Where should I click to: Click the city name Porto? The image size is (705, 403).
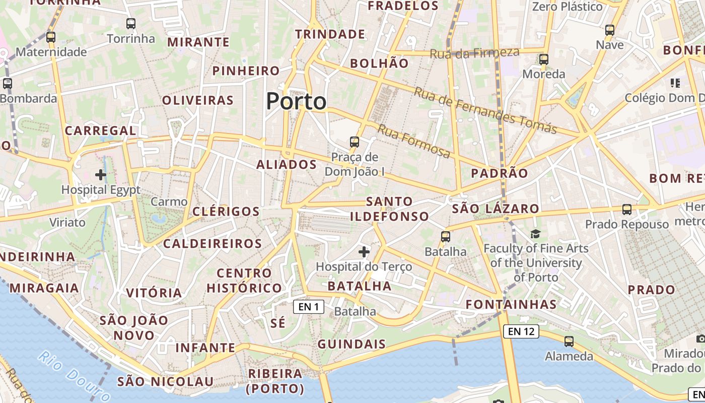tap(296, 101)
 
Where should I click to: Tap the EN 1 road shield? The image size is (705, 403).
tap(308, 306)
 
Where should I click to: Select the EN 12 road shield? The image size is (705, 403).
tap(521, 331)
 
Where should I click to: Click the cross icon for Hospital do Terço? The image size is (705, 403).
tap(364, 251)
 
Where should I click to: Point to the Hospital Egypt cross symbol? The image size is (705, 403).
tap(101, 175)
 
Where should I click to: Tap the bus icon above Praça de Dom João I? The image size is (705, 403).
tap(355, 142)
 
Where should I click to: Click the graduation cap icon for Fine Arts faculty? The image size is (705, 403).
tap(535, 234)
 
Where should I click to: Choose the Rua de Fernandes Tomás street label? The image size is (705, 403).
tap(485, 111)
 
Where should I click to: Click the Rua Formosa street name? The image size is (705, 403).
tap(413, 142)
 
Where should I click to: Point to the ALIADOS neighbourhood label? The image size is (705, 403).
tap(287, 165)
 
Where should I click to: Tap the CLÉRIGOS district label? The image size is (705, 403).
tap(226, 212)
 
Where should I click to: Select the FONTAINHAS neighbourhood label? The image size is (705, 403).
tap(511, 304)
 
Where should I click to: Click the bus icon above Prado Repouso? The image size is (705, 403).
tap(626, 209)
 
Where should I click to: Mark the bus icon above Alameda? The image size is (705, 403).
tap(569, 341)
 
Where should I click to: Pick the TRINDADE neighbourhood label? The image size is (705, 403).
tap(330, 34)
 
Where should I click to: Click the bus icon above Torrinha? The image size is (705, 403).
tap(131, 23)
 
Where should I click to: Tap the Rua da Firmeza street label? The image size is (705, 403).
tap(474, 52)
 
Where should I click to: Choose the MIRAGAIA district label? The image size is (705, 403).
tap(44, 288)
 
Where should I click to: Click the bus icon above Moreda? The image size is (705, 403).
tap(543, 59)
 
